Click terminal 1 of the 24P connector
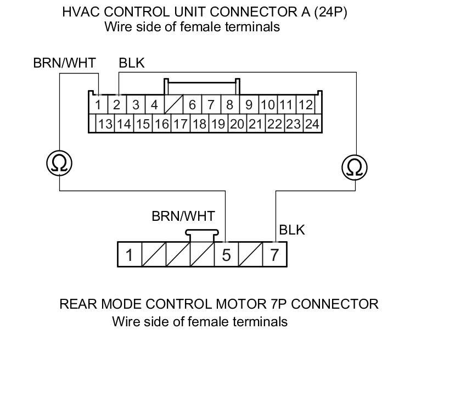click(98, 104)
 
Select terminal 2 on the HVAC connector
click(117, 104)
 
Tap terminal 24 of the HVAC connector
click(312, 124)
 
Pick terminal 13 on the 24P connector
click(105, 124)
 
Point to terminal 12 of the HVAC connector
click(305, 104)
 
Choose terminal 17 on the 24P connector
click(180, 124)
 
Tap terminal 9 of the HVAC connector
click(249, 104)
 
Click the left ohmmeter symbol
click(59, 163)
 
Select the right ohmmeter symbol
click(355, 167)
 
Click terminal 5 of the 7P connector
click(226, 255)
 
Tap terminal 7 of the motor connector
click(274, 255)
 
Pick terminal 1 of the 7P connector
click(130, 255)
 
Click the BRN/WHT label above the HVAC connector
click(64, 63)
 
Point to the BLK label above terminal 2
click(132, 63)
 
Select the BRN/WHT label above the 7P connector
click(183, 216)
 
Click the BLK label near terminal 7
click(291, 230)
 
